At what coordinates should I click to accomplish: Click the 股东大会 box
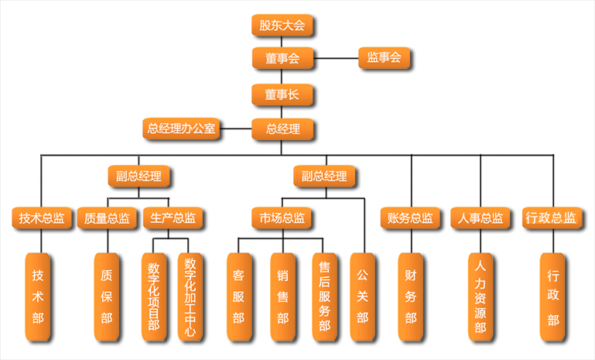(x=282, y=26)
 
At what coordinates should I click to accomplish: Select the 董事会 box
(x=282, y=58)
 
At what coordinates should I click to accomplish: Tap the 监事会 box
(x=385, y=58)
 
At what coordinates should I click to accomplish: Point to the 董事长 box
(x=282, y=94)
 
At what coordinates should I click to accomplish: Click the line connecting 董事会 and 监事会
(x=335, y=58)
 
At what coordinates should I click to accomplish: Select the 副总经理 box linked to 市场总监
(x=325, y=177)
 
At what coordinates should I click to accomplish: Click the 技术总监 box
(x=42, y=218)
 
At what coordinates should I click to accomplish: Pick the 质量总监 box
(x=108, y=218)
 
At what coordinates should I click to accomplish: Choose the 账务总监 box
(x=410, y=218)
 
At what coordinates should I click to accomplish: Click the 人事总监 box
(x=480, y=218)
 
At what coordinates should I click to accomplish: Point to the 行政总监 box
(x=551, y=218)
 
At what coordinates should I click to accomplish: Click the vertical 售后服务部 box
(x=324, y=297)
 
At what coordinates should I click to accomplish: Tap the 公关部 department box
(x=362, y=297)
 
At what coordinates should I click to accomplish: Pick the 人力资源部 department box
(x=480, y=297)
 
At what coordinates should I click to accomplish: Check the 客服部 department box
(x=238, y=297)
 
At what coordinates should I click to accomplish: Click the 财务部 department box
(x=410, y=297)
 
